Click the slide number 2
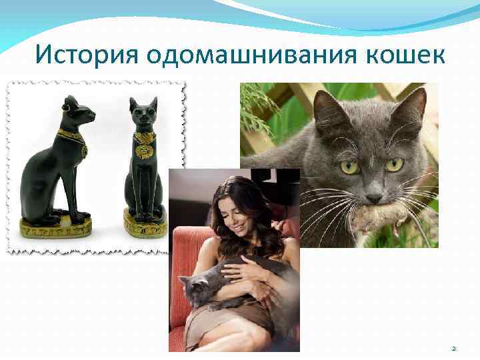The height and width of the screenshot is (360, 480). (454, 348)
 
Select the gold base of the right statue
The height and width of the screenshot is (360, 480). (145, 225)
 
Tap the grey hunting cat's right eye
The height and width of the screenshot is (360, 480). (394, 163)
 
